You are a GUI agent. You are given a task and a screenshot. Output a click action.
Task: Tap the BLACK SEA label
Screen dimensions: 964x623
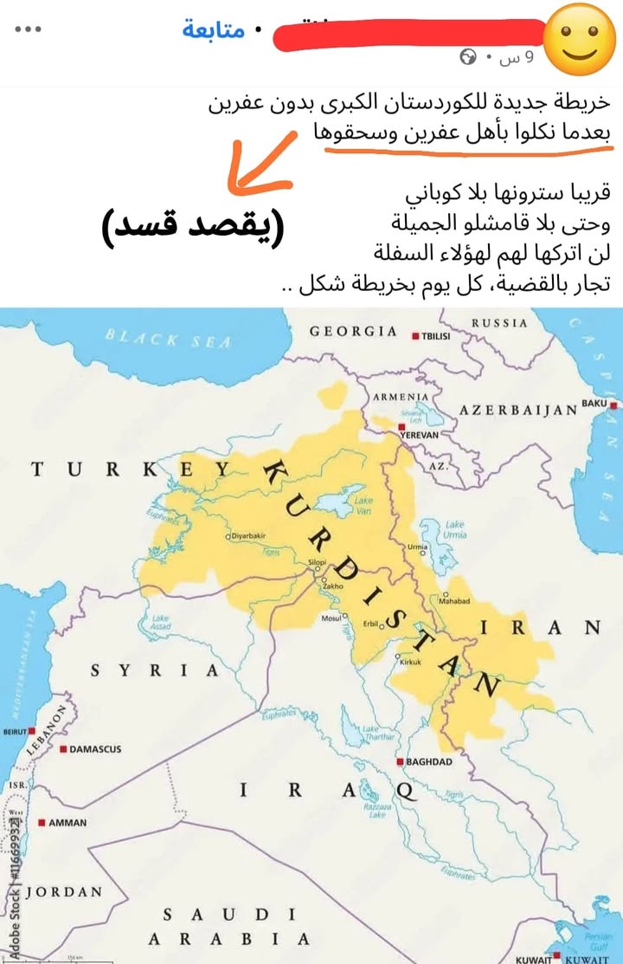tap(169, 339)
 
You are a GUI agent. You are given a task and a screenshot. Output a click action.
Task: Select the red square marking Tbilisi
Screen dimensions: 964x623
tap(416, 336)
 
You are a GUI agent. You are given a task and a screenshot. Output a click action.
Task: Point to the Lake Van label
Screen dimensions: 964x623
tap(363, 504)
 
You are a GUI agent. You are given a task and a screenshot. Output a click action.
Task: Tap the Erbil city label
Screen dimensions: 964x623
tap(371, 624)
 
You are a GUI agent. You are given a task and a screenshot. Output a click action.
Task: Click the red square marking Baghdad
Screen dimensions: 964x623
tap(400, 762)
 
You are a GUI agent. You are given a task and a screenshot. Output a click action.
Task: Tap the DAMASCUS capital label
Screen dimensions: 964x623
tap(95, 749)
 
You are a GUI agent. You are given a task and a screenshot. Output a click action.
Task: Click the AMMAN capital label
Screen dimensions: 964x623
tap(67, 823)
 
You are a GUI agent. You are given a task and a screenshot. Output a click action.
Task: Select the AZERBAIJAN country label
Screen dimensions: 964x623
tap(517, 409)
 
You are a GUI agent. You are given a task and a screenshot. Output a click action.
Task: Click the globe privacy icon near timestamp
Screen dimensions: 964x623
tap(468, 57)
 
